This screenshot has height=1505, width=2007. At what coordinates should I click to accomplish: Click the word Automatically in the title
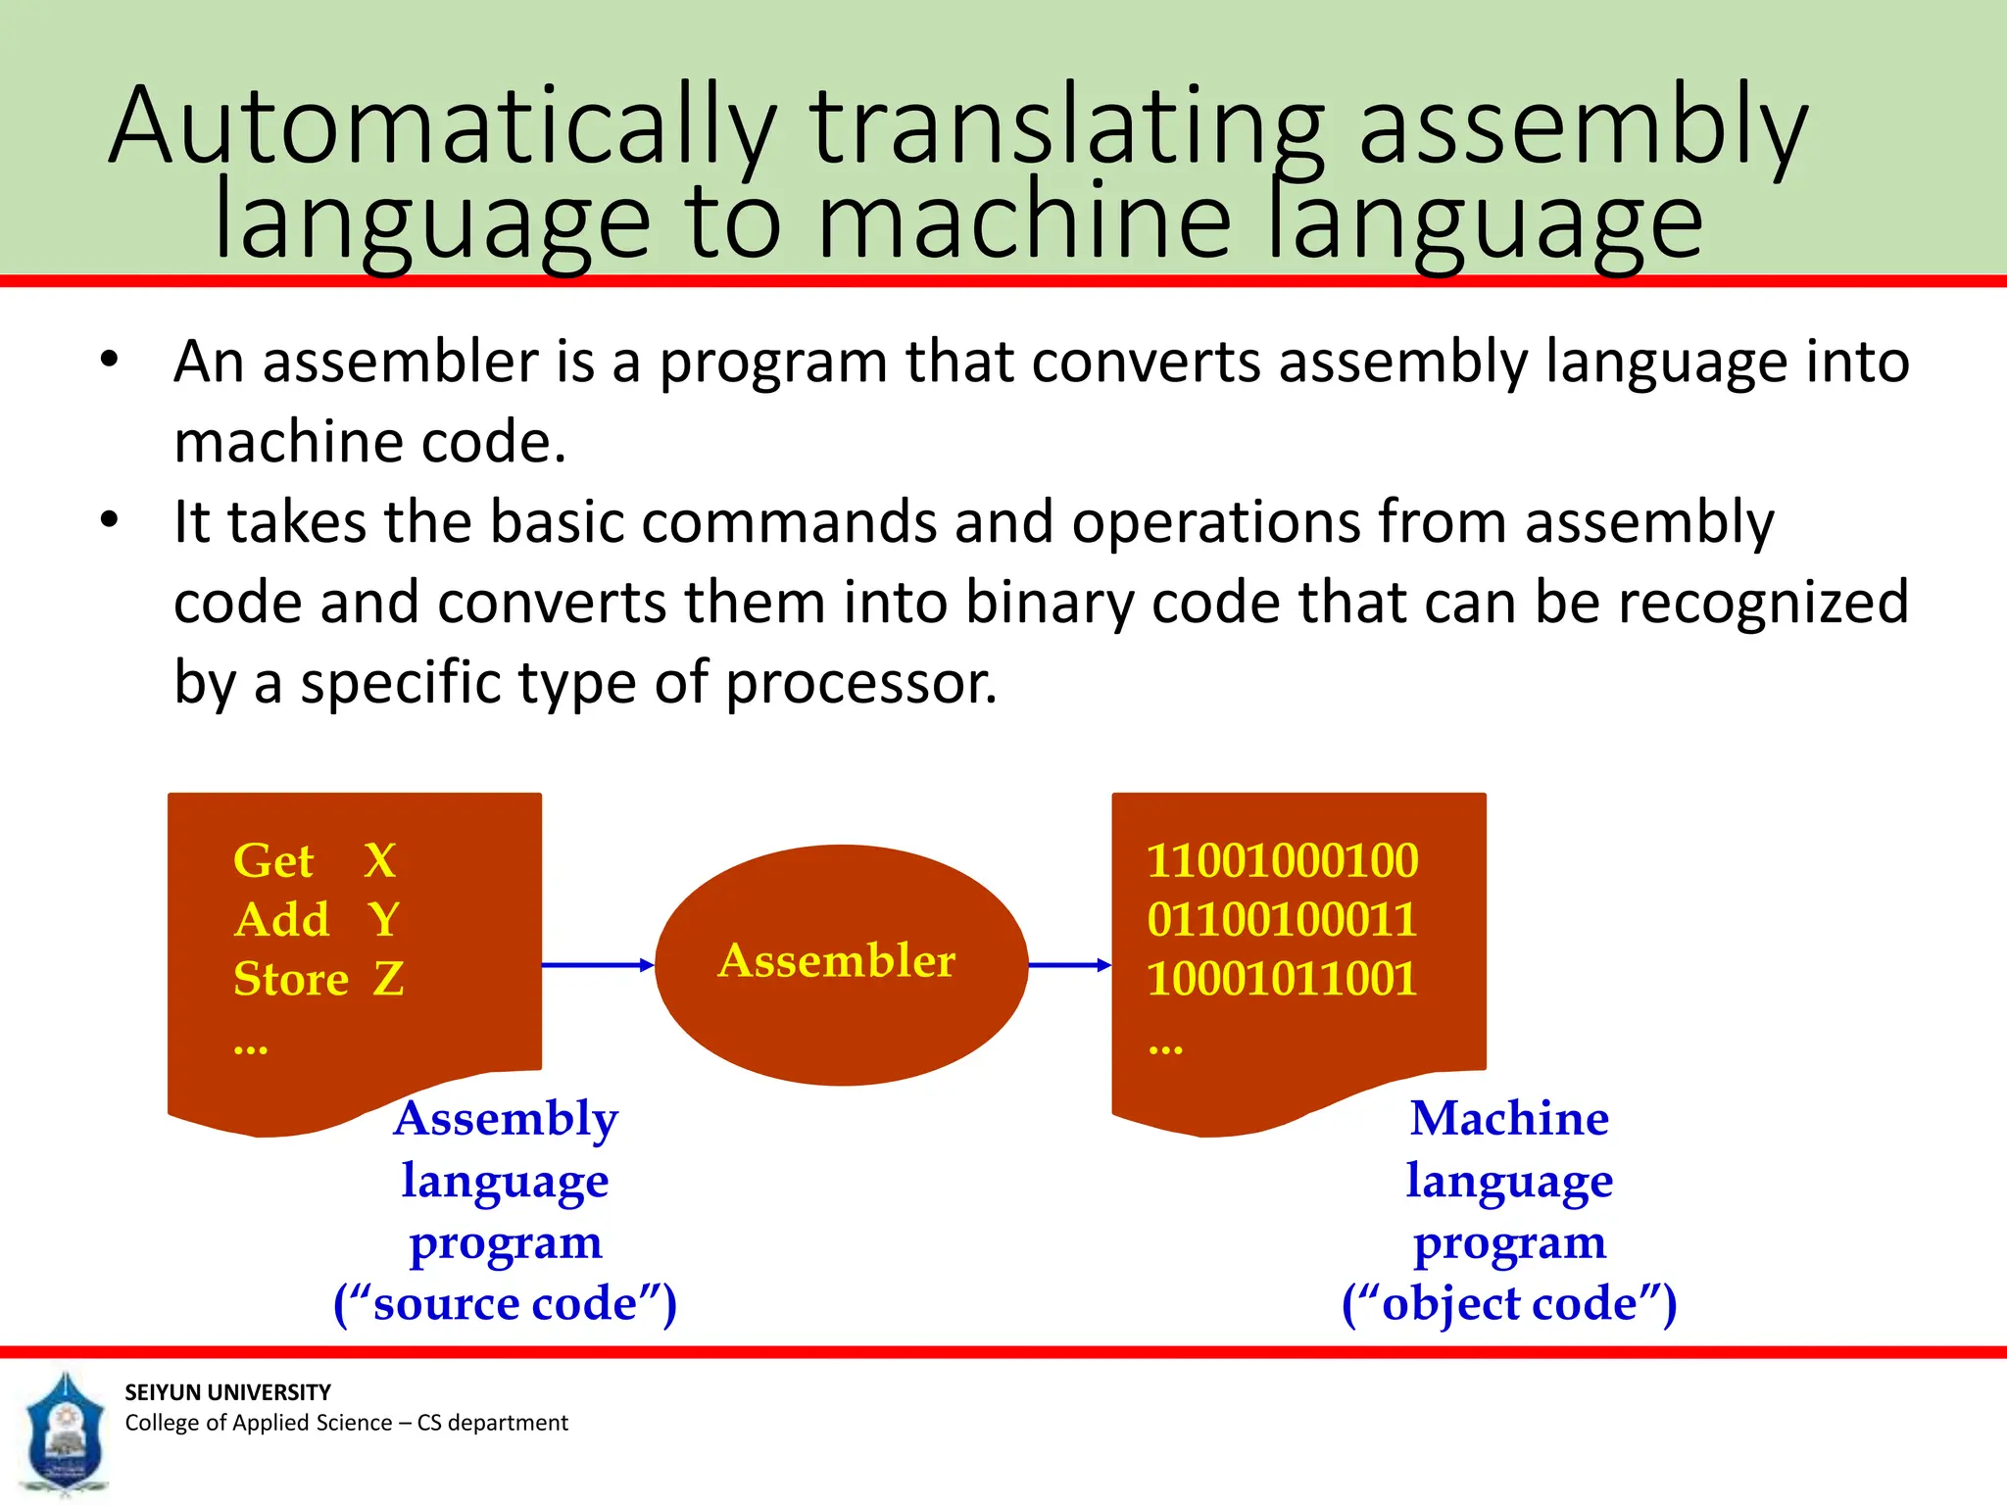pos(441,127)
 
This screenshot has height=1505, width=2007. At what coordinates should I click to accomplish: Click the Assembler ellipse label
pos(837,960)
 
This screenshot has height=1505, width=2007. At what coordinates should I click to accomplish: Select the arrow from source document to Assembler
pos(597,965)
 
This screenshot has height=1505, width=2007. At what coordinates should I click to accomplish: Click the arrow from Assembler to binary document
pos(1069,965)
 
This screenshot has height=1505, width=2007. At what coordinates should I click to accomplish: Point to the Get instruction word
pos(273,861)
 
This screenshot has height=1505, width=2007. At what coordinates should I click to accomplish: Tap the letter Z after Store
pos(388,979)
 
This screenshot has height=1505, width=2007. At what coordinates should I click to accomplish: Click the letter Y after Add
pos(383,920)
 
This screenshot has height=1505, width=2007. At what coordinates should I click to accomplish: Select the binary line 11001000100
pos(1282,861)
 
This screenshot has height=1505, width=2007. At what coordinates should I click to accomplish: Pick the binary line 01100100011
pos(1282,920)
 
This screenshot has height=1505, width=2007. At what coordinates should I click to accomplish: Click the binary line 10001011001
pos(1282,979)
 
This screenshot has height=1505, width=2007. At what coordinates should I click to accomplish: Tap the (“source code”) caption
pos(505,1304)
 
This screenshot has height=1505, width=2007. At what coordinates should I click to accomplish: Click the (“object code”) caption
pos(1509,1304)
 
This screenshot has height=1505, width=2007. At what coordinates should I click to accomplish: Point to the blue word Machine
pos(1509,1119)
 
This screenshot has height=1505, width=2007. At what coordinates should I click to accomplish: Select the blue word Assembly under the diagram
pos(506,1119)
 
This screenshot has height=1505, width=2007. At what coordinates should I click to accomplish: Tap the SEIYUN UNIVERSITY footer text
pos(227,1392)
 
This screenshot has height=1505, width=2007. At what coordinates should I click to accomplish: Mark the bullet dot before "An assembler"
pos(109,360)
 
